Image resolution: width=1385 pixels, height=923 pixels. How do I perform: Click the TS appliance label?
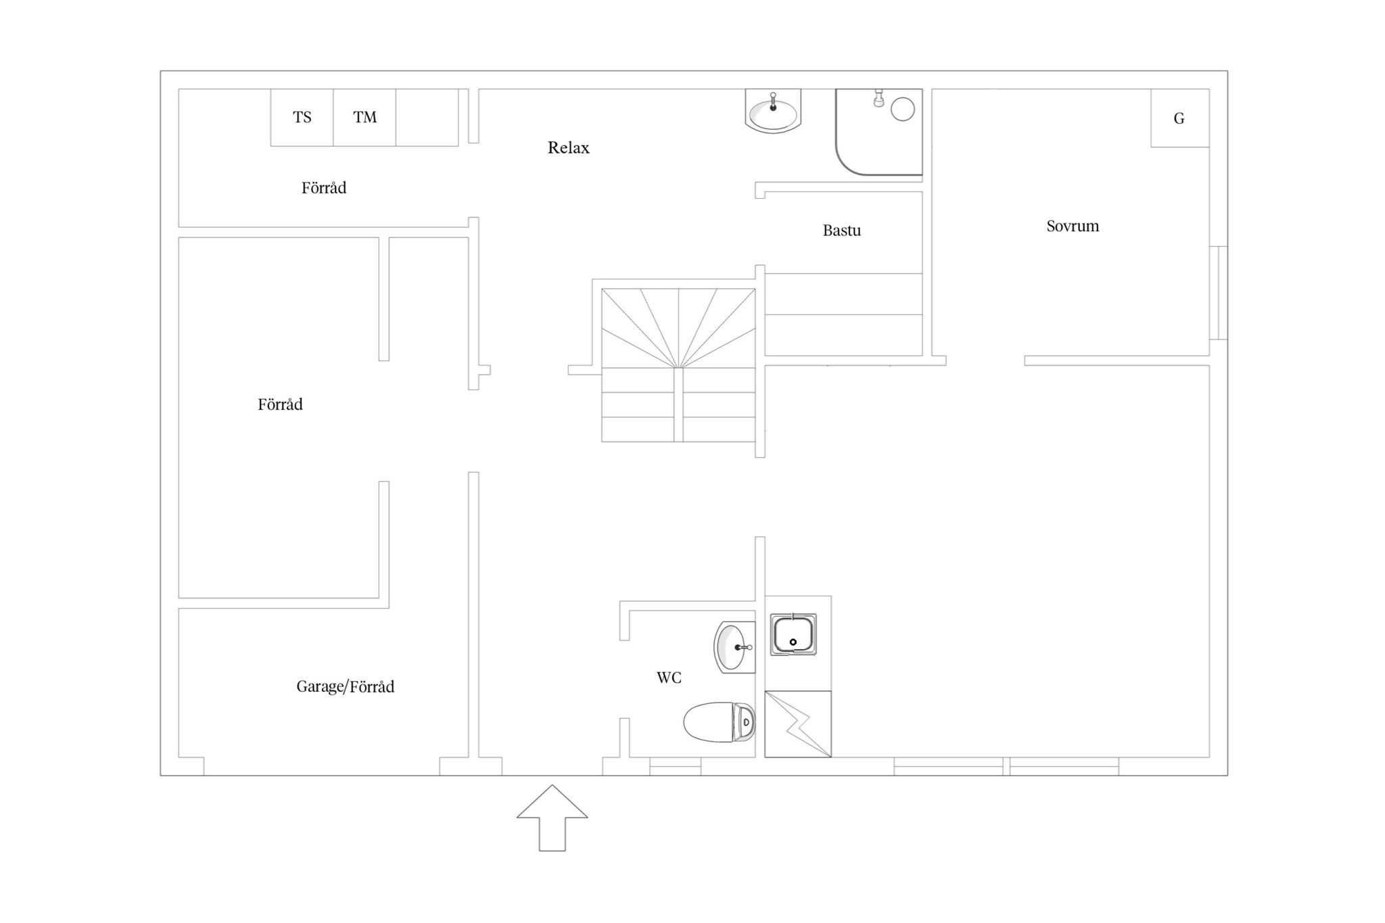point(302,118)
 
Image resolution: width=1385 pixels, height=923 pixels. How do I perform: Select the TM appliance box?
point(365,118)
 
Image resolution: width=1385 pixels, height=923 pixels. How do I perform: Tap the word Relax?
point(568,147)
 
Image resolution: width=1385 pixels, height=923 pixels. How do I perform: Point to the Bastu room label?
point(841,230)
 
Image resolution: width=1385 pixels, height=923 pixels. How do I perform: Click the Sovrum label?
point(1073,226)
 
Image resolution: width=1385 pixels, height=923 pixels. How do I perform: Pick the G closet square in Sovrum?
point(1179,118)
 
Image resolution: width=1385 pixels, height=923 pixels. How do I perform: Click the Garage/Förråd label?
point(345,686)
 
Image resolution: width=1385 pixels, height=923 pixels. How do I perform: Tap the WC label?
point(669,678)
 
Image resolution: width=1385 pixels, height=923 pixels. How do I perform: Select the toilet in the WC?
point(719,722)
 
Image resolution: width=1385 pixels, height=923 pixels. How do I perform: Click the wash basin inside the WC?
point(734,647)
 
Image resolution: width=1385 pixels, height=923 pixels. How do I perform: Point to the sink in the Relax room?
point(773,111)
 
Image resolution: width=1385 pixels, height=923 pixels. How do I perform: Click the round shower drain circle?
point(903,109)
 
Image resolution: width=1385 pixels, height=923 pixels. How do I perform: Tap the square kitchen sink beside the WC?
point(793,634)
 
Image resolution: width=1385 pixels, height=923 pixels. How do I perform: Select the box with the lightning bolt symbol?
point(798,724)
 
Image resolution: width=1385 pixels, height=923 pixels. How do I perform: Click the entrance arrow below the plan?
point(552,818)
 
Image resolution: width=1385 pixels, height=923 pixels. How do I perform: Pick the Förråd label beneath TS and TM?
point(324,188)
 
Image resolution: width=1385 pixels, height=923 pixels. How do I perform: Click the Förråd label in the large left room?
point(280,404)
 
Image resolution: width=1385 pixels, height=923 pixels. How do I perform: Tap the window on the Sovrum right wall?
point(1218,293)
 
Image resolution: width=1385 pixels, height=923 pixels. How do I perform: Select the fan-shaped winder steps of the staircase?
point(678,329)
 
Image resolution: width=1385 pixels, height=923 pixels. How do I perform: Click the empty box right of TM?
point(427,118)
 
